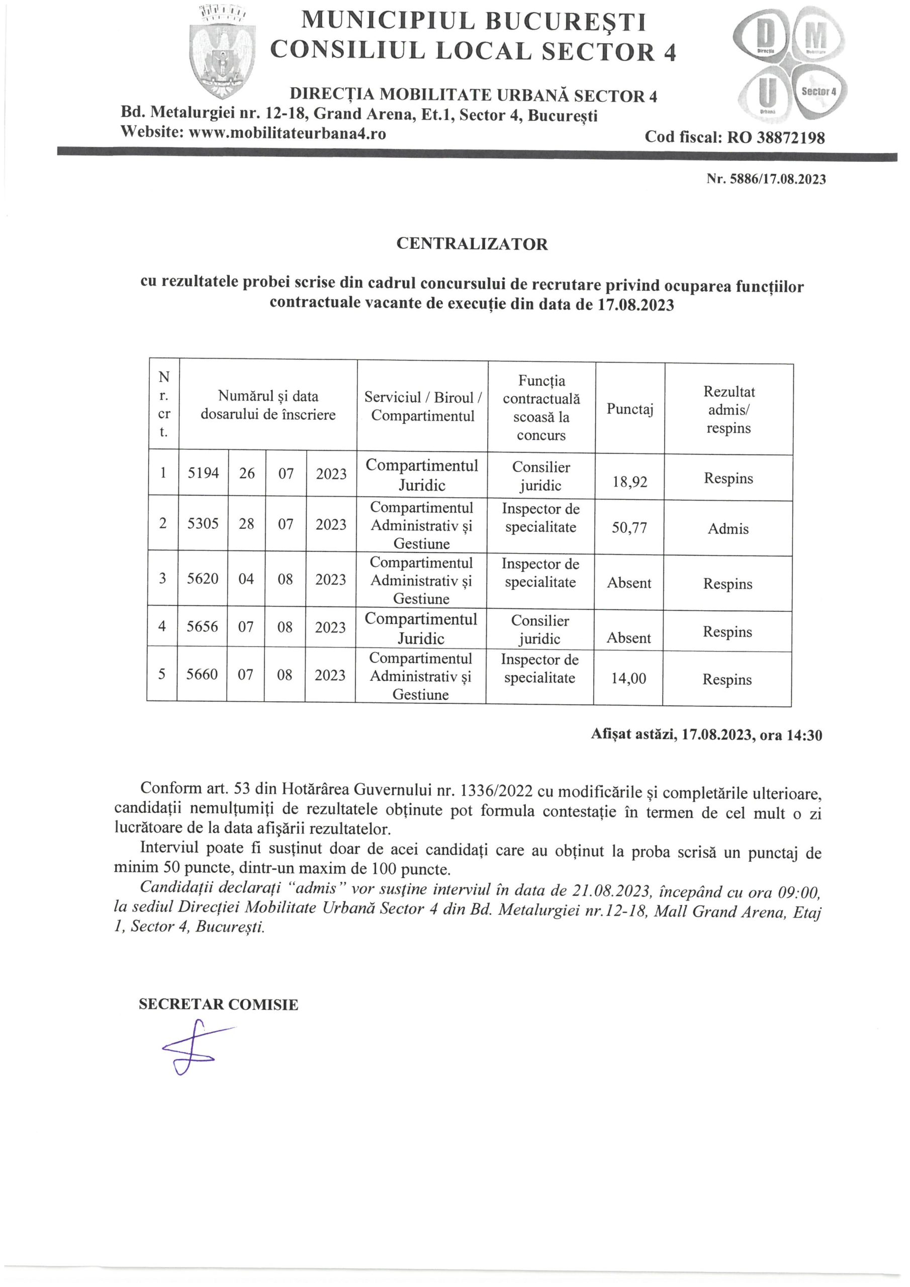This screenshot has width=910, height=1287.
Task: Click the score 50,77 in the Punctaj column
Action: pyautogui.click(x=629, y=528)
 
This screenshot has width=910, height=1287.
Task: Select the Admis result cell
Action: pyautogui.click(x=728, y=528)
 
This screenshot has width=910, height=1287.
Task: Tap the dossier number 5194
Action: pyautogui.click(x=203, y=474)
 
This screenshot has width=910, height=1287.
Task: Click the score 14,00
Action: pyautogui.click(x=628, y=678)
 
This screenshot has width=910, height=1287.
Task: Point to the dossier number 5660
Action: pyautogui.click(x=202, y=674)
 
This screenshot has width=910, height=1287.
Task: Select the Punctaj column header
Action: pyautogui.click(x=629, y=409)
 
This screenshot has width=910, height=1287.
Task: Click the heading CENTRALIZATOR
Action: pyautogui.click(x=472, y=244)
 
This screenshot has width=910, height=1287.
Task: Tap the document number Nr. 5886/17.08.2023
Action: pyautogui.click(x=766, y=179)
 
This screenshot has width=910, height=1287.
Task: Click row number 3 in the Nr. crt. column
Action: pyautogui.click(x=162, y=578)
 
